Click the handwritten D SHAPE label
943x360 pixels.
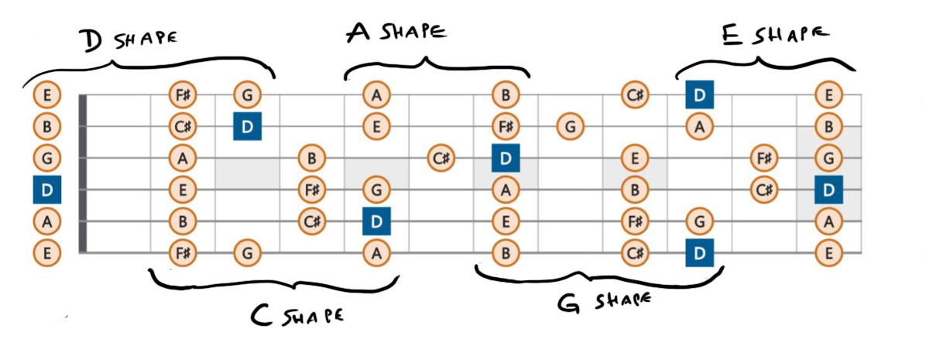click(x=129, y=39)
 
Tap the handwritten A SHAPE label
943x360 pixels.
click(x=396, y=32)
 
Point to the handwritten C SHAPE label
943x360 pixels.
click(x=297, y=315)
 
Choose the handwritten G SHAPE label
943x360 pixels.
click(x=604, y=301)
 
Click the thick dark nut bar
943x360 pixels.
click(x=83, y=174)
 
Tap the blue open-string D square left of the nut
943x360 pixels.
click(x=47, y=190)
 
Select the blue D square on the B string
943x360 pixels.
click(x=248, y=126)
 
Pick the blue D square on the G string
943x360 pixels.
click(x=506, y=158)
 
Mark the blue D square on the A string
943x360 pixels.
click(x=377, y=221)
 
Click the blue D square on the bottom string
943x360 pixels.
click(x=700, y=253)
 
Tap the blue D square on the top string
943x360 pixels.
click(x=700, y=94)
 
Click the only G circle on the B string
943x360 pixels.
click(x=571, y=126)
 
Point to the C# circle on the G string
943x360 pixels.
click(x=441, y=158)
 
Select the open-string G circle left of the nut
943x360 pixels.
click(x=47, y=158)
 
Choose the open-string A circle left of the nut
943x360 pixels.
click(x=47, y=221)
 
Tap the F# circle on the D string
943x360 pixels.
click(x=312, y=190)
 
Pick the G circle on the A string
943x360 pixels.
click(x=700, y=221)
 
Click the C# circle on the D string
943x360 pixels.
click(x=764, y=190)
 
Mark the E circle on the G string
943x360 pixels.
click(x=635, y=158)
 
